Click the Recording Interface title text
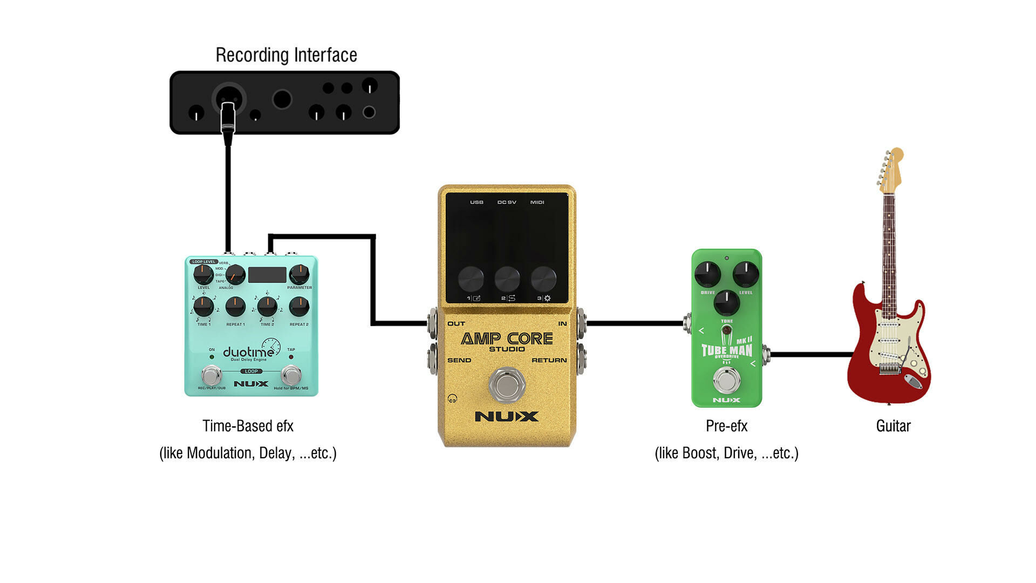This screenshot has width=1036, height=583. click(x=286, y=55)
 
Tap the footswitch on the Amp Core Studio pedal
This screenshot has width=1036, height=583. click(x=507, y=384)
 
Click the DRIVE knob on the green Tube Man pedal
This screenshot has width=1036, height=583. click(x=707, y=274)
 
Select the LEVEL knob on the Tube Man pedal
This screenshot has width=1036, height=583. click(x=746, y=274)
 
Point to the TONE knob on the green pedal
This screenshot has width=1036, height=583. click(x=727, y=302)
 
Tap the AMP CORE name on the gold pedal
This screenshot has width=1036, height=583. click(x=507, y=338)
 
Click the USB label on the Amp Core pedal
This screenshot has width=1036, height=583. click(x=476, y=202)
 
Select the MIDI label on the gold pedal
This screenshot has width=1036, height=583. click(x=537, y=202)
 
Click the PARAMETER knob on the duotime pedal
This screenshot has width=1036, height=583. click(x=299, y=274)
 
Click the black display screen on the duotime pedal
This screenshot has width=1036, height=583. click(x=267, y=275)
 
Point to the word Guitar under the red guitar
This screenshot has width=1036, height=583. click(x=893, y=426)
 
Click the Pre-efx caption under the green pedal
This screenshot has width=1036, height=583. click(x=726, y=426)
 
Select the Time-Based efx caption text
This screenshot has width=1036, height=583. click(x=248, y=426)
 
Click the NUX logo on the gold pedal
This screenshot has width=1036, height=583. click(x=507, y=416)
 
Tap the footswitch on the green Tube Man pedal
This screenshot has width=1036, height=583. click(x=726, y=380)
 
